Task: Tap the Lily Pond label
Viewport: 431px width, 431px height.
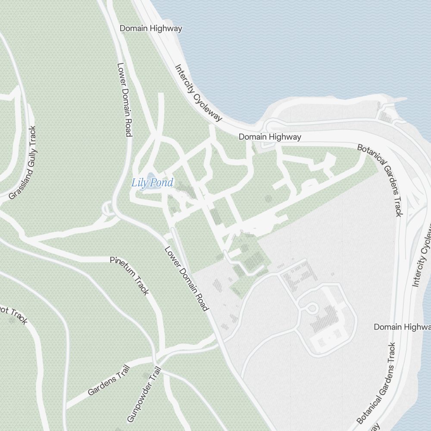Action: [152, 183]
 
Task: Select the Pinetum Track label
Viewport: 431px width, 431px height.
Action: [129, 276]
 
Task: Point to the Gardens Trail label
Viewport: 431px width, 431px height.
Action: [109, 379]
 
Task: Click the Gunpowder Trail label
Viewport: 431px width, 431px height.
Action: [144, 394]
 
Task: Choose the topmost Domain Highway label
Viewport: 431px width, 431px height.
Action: [151, 28]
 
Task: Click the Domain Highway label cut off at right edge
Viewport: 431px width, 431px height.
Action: [402, 327]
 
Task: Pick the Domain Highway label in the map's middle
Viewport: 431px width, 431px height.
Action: [270, 137]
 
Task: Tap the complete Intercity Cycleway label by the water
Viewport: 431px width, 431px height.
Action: [198, 93]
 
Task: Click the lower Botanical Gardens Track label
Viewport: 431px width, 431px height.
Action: [376, 384]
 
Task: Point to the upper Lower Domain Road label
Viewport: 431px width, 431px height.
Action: [124, 100]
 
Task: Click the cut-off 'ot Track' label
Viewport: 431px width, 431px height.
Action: [14, 316]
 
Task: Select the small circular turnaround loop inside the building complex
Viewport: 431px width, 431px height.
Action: [311, 308]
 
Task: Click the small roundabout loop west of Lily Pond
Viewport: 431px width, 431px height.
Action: [107, 210]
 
